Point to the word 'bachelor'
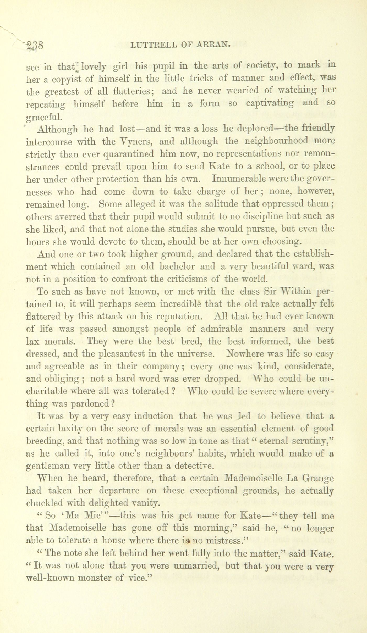[173, 266]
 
